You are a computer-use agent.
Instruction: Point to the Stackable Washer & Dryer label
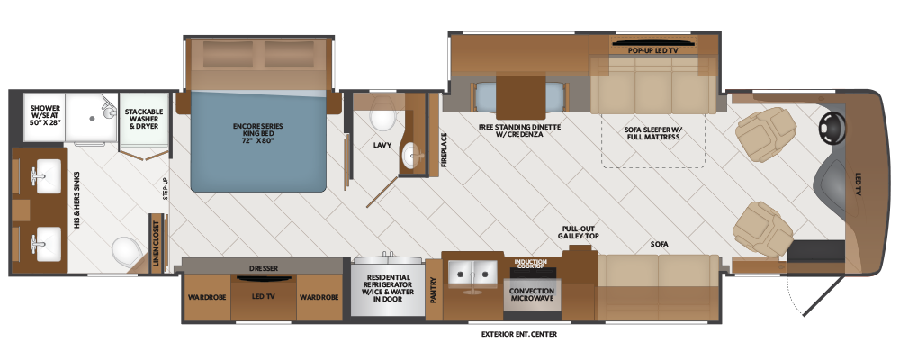143,119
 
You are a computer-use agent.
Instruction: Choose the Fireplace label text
443,151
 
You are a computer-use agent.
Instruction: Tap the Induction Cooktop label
530,265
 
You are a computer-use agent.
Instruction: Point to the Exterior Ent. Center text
519,335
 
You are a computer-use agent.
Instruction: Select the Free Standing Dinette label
519,132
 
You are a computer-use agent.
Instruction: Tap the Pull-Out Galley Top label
580,232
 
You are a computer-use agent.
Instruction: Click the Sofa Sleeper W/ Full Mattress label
653,133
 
